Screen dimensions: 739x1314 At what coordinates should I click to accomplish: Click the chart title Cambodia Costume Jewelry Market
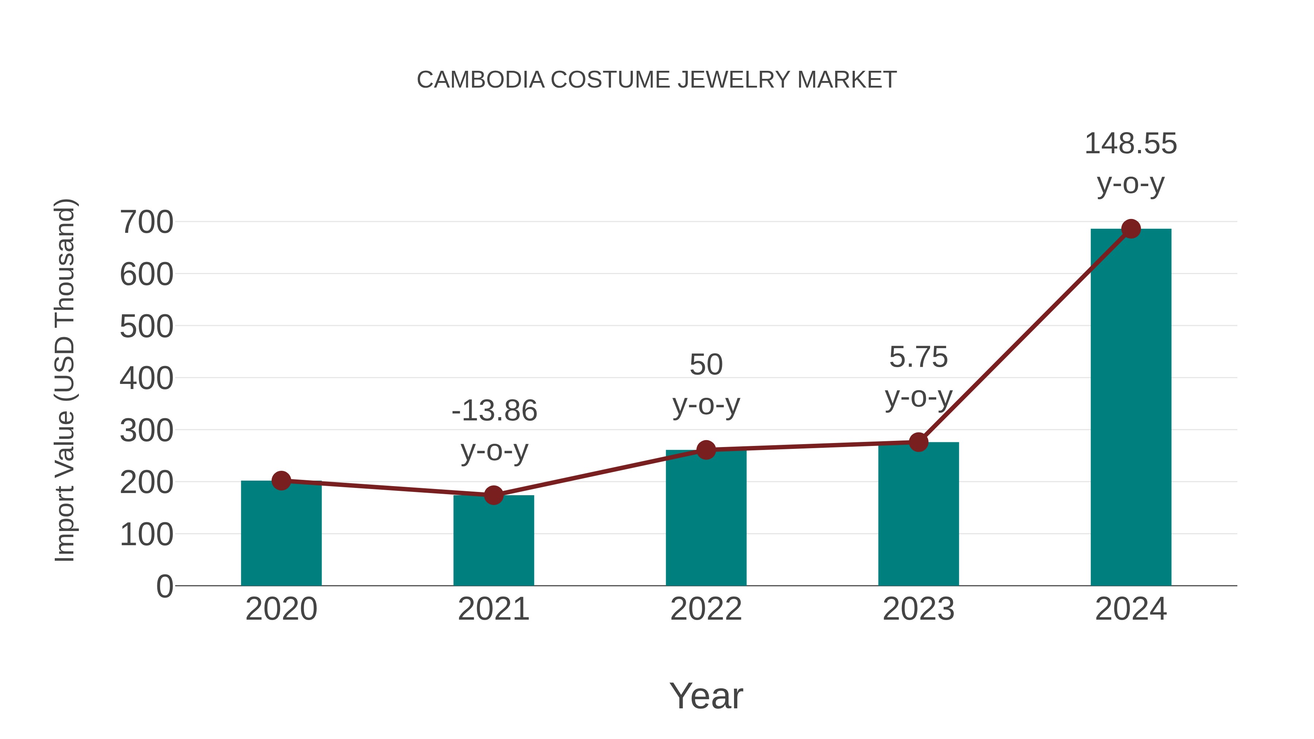pyautogui.click(x=657, y=80)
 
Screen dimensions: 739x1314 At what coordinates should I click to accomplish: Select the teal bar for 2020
pyautogui.click(x=281, y=535)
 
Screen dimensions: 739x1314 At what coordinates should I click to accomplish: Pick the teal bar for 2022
pyautogui.click(x=706, y=520)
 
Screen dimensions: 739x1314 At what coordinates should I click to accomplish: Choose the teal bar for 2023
pyautogui.click(x=918, y=515)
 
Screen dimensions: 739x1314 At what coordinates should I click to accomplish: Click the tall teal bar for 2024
pyautogui.click(x=1131, y=408)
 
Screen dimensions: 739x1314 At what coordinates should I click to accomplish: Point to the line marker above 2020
pyautogui.click(x=281, y=480)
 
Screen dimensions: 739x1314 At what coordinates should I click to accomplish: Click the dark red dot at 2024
pyautogui.click(x=1131, y=229)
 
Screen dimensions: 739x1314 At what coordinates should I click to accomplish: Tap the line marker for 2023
pyautogui.click(x=918, y=442)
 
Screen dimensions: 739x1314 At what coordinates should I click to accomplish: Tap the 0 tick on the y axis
pyautogui.click(x=164, y=586)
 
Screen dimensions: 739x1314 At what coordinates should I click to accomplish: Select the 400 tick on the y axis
pyautogui.click(x=146, y=378)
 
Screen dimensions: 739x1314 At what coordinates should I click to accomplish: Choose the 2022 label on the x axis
pyautogui.click(x=706, y=609)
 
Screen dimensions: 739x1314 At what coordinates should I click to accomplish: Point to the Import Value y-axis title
pyautogui.click(x=65, y=380)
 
